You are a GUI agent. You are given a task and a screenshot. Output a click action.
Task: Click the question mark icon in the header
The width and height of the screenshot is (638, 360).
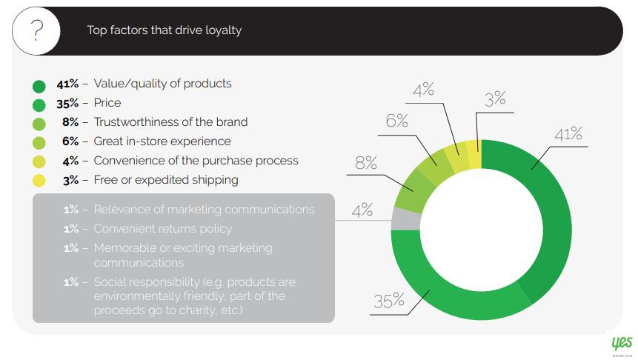point(36,30)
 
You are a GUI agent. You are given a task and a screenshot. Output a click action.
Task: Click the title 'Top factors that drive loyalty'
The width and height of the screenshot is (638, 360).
point(165,30)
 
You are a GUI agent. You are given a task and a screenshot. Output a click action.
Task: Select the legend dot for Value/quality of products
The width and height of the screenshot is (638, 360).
point(39,86)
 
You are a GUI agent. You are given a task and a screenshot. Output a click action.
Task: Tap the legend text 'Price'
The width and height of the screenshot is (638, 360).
point(107,102)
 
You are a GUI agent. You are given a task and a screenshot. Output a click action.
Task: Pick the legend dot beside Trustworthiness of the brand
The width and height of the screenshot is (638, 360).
point(39,124)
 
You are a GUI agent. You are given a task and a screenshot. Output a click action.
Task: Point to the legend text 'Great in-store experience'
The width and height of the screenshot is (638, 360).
point(162,141)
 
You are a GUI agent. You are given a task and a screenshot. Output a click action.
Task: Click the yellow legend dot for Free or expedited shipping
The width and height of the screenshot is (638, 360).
point(39,180)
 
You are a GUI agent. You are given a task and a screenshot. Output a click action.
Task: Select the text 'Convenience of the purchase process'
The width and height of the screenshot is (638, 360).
point(196,161)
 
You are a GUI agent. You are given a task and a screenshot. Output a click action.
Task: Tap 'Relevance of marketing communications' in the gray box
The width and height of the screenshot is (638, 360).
point(205,209)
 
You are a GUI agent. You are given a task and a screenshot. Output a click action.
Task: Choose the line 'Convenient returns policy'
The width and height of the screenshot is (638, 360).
point(163,229)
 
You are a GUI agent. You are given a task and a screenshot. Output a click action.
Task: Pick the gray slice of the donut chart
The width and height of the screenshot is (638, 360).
point(405,219)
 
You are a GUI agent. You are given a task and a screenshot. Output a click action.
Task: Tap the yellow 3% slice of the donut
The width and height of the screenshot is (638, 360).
point(474,154)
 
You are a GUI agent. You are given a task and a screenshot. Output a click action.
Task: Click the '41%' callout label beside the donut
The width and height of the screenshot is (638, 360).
point(568,134)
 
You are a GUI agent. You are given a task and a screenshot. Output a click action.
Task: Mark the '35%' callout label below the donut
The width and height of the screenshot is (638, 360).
point(389,301)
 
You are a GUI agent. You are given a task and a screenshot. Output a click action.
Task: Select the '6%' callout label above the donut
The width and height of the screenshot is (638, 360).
point(396,121)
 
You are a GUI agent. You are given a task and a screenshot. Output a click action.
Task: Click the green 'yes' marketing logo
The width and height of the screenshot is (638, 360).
point(622,344)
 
